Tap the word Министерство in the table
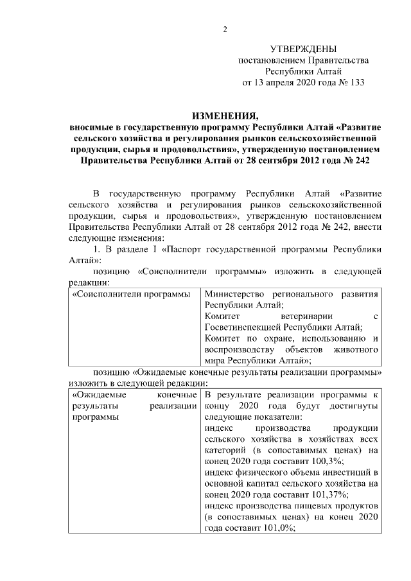click(234, 294)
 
